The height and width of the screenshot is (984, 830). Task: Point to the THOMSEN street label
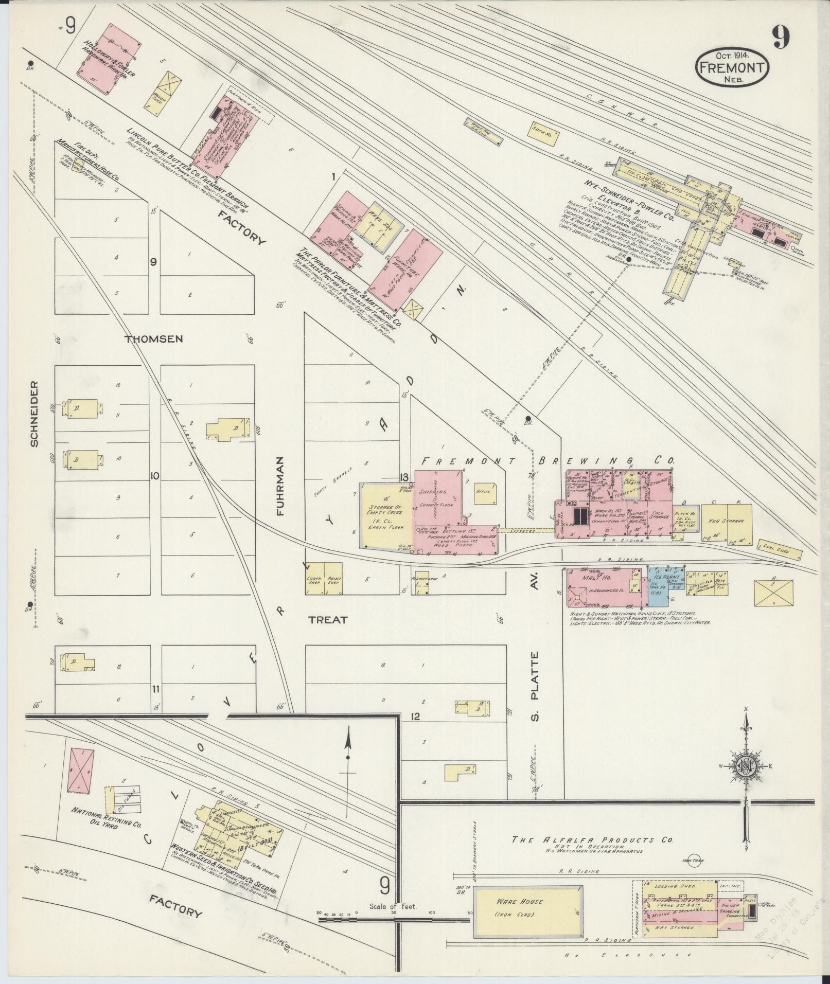click(x=154, y=339)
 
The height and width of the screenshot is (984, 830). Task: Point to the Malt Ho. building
click(x=602, y=587)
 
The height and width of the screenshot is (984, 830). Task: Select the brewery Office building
click(x=486, y=492)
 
